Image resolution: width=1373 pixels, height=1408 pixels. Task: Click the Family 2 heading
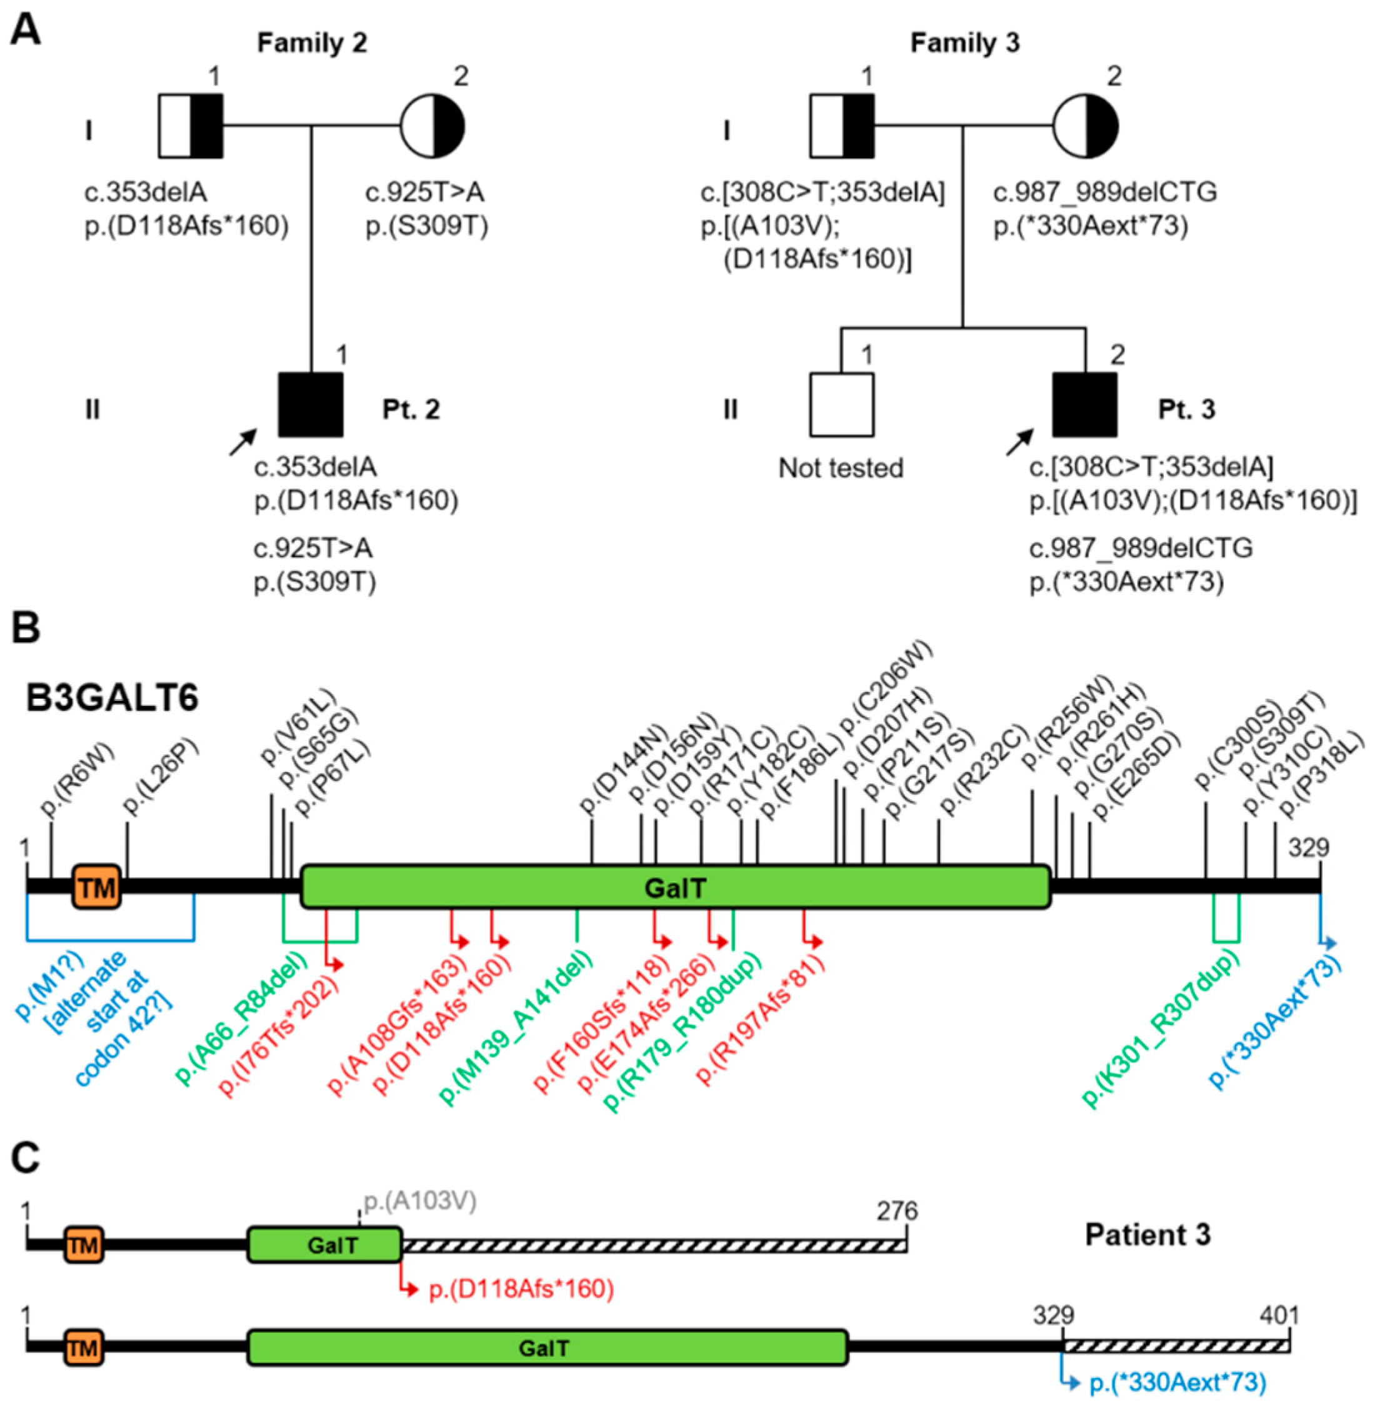312,43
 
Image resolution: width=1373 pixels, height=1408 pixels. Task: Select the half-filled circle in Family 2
432,126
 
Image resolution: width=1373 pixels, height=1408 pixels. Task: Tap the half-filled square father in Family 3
842,126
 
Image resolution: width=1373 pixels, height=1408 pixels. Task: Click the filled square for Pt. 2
311,405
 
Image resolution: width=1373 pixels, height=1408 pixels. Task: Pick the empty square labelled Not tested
842,405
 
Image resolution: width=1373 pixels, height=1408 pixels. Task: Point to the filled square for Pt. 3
1084,405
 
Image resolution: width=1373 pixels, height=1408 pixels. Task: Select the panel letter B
26,628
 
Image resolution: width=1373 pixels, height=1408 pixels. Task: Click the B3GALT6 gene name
112,698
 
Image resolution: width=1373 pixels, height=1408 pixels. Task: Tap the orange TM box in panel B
97,887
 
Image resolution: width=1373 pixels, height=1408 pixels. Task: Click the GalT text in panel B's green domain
675,888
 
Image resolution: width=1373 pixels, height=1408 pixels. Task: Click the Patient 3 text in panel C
1147,1235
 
